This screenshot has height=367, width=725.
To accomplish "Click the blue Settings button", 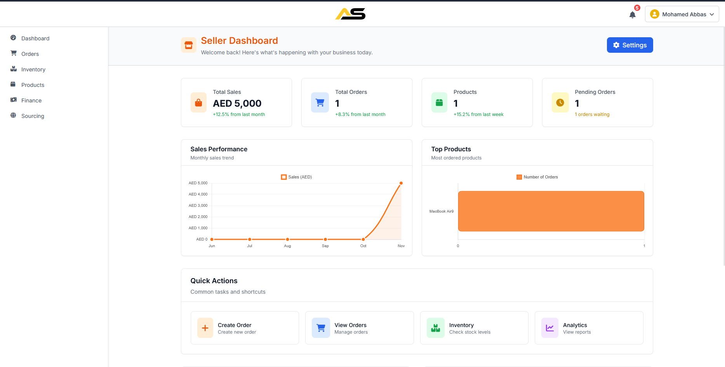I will (x=629, y=45).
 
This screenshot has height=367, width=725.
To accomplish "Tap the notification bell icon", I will (x=632, y=15).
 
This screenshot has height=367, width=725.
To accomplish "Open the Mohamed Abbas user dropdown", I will (x=682, y=14).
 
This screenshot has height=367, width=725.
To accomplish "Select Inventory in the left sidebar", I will (x=33, y=69).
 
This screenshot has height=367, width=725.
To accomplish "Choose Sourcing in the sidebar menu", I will (x=33, y=116).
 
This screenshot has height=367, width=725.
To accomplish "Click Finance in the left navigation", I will (x=31, y=100).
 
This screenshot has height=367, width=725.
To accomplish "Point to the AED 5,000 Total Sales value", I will (x=237, y=104).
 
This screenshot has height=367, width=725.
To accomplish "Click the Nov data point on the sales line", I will (x=401, y=183).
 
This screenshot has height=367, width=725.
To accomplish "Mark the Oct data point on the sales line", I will (x=363, y=239).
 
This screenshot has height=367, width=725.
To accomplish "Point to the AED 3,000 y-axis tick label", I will (x=198, y=206).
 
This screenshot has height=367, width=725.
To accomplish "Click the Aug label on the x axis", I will (x=287, y=246).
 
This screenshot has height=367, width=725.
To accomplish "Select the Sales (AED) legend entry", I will (x=296, y=177).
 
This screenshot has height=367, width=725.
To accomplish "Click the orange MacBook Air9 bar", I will (x=551, y=211).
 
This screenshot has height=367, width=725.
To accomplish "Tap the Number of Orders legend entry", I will (x=537, y=177).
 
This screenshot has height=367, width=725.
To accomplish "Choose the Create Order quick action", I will (x=245, y=328).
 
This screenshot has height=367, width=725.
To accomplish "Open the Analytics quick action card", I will (x=589, y=328).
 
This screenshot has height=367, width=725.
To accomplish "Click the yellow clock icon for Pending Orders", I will (x=560, y=102).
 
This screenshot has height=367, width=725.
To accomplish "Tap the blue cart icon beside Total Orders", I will (x=320, y=102).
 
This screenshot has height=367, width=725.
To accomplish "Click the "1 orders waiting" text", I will (x=592, y=114).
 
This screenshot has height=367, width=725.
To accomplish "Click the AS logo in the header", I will (x=350, y=14).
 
